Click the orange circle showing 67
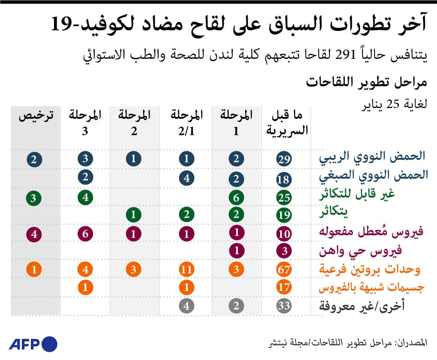click(284, 270)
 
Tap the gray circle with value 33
click(284, 306)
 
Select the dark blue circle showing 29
click(284, 159)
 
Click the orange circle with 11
click(186, 270)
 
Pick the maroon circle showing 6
click(85, 234)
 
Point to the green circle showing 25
click(284, 197)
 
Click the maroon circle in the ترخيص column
click(34, 234)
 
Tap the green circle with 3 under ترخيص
click(34, 197)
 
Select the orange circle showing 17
click(284, 288)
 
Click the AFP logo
click(33, 344)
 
